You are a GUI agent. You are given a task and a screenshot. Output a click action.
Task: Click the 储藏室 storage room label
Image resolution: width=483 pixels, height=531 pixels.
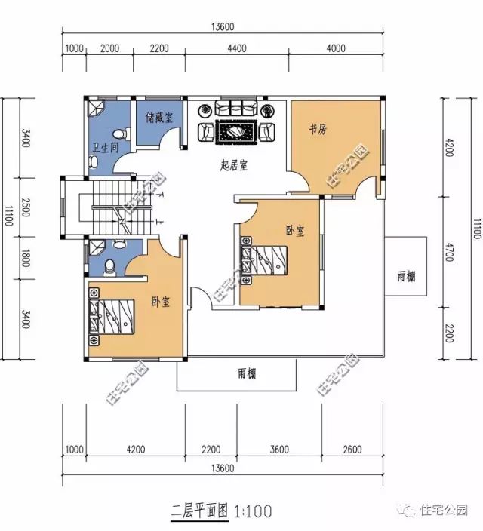point(159,118)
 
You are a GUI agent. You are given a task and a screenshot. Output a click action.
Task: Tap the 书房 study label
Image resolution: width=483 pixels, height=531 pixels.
point(318,129)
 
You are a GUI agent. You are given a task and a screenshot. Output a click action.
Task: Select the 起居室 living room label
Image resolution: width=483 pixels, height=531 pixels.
point(234,165)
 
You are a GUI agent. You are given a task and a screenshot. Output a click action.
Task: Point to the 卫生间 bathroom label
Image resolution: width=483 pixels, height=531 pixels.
point(106,148)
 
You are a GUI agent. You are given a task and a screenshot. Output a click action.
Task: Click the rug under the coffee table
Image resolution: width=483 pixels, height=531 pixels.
point(235,132)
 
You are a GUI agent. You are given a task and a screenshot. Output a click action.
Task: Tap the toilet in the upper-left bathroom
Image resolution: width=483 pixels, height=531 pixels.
point(121,134)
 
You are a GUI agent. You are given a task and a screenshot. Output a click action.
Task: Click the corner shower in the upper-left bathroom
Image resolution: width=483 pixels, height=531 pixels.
point(97,107)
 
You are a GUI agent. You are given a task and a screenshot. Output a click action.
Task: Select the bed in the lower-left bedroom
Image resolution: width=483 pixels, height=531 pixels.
point(112,317)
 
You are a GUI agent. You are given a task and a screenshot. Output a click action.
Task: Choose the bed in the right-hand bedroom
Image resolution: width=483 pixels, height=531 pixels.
point(263,259)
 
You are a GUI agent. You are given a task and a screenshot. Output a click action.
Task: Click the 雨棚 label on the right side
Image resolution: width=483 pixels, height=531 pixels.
point(406,277)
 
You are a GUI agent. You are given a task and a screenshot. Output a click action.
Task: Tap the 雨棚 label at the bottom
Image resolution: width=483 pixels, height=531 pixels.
point(247,374)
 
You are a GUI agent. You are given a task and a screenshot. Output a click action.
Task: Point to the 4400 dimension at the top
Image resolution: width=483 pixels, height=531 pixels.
point(237,48)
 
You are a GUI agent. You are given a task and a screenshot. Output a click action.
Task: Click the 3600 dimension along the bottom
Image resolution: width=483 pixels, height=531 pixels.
point(279,450)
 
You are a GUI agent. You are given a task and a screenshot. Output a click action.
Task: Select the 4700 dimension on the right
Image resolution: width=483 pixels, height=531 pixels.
point(449,252)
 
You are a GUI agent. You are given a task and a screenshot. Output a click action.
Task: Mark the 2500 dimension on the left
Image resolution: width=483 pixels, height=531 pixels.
point(26,207)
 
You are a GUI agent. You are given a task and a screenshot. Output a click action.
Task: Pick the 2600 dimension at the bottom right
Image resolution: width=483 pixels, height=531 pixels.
point(352,450)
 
